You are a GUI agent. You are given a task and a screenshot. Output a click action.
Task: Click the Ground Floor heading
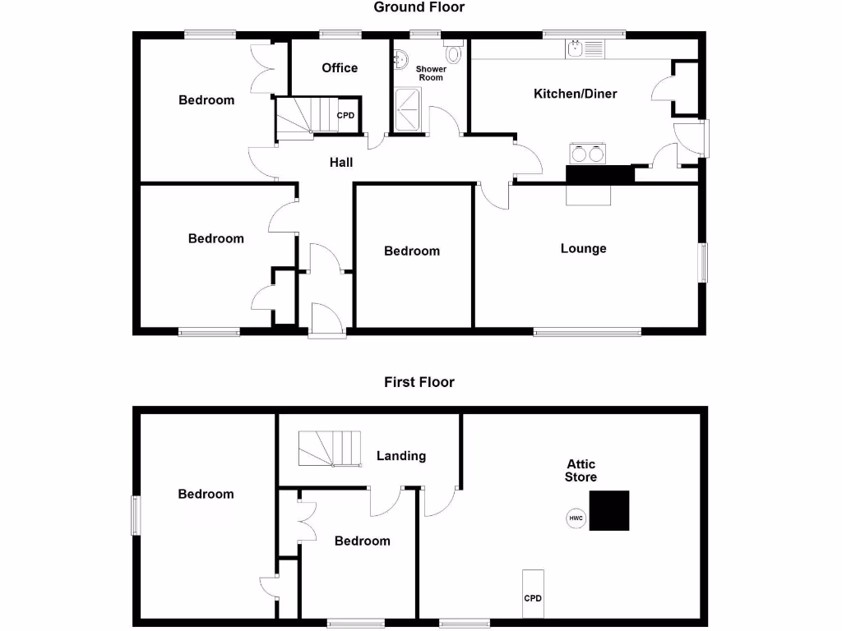point(419,7)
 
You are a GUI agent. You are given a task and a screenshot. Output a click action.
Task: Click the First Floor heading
point(419,382)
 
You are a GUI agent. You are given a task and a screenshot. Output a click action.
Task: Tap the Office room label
point(340,67)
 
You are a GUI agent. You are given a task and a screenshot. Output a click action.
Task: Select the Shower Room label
point(431,73)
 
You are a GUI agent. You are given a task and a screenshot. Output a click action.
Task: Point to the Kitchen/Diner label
point(576,94)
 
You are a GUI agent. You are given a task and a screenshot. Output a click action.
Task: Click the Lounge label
point(584,248)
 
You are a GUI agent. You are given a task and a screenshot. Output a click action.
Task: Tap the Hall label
point(341,163)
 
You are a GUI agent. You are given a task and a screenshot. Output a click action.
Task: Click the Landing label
point(401,456)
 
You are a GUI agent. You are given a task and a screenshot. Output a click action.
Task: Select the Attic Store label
point(581,471)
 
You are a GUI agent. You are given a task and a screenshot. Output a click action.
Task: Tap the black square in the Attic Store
point(610,510)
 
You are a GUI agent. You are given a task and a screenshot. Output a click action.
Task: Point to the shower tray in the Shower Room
point(409,111)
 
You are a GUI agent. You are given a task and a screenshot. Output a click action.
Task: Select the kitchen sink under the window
point(585,49)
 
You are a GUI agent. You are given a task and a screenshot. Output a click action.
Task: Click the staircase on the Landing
point(329,448)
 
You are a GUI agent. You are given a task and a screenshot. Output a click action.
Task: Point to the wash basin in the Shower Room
point(400,58)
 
